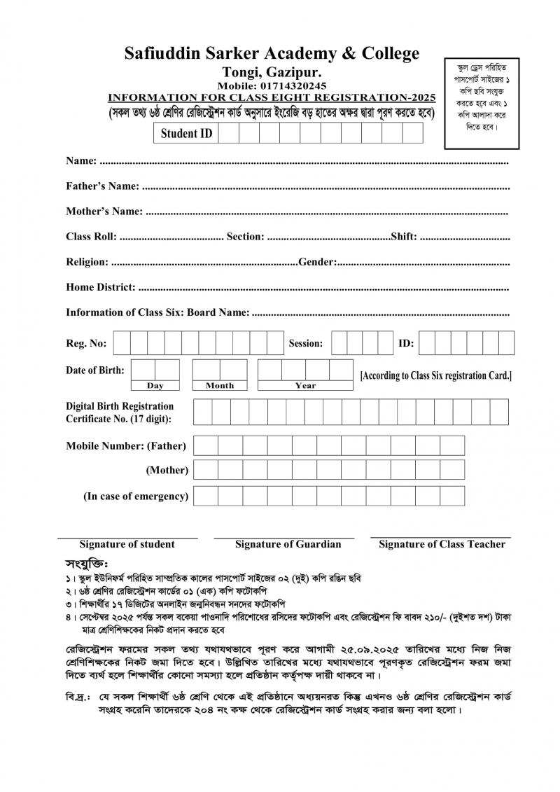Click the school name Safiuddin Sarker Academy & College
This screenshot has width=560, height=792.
click(x=272, y=53)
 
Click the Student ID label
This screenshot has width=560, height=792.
click(x=186, y=133)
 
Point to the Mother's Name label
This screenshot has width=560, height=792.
click(x=104, y=211)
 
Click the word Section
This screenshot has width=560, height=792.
click(x=244, y=237)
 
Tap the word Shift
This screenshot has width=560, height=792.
click(x=404, y=237)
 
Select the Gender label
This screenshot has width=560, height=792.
click(x=318, y=262)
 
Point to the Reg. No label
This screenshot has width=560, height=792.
click(x=86, y=343)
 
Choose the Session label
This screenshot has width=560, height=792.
click(x=306, y=343)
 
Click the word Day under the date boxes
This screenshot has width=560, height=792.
click(x=155, y=385)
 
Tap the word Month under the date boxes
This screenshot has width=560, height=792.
click(x=220, y=385)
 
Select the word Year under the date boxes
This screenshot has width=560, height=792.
click(x=305, y=385)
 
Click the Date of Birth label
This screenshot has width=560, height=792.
click(x=95, y=370)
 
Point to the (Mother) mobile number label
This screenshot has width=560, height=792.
click(x=167, y=471)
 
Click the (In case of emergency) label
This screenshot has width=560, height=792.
click(x=136, y=496)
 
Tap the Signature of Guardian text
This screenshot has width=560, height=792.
click(x=288, y=544)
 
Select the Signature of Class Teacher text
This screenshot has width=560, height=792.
click(x=442, y=544)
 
